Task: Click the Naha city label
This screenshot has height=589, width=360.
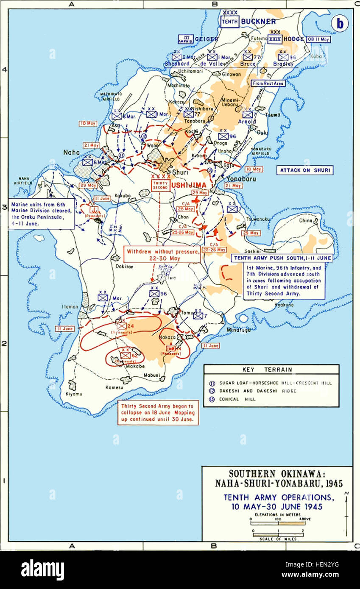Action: point(71,152)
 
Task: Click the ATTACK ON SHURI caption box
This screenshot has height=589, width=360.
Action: point(305,170)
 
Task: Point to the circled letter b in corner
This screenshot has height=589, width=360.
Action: point(340,24)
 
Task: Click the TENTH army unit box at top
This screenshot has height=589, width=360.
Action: point(230,21)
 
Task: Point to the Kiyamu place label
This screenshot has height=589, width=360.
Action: point(74,394)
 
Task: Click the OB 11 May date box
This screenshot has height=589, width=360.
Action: point(318,39)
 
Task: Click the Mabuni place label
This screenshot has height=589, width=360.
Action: point(152,375)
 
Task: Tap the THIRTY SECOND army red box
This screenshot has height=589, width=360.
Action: point(160,185)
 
